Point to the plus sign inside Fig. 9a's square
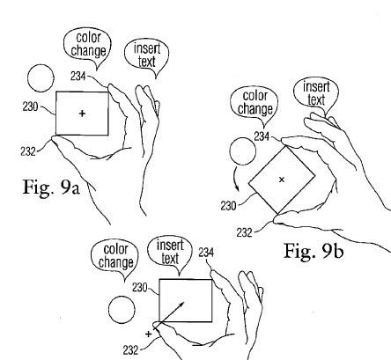82,114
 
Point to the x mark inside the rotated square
282,179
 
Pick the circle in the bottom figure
122,312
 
